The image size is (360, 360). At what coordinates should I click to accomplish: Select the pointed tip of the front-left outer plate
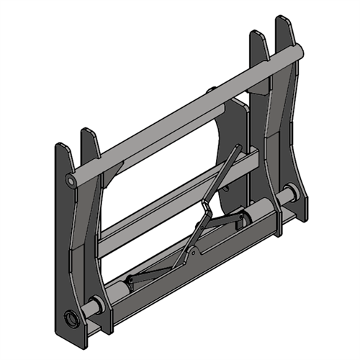click(61, 146)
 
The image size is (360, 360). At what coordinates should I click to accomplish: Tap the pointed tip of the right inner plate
click(256, 35)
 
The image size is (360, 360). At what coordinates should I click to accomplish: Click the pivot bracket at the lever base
click(192, 251)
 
